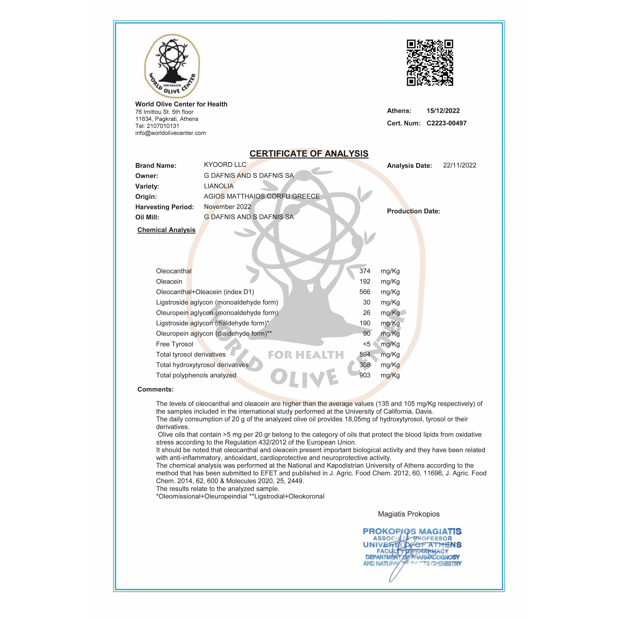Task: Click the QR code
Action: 430,63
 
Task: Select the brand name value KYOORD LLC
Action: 225,165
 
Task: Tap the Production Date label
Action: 413,211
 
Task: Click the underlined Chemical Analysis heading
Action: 166,230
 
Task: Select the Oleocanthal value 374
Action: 365,271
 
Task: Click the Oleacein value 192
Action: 365,282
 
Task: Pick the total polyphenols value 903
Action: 365,375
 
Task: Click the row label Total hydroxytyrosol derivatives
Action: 202,365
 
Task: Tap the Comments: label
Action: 155,389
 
